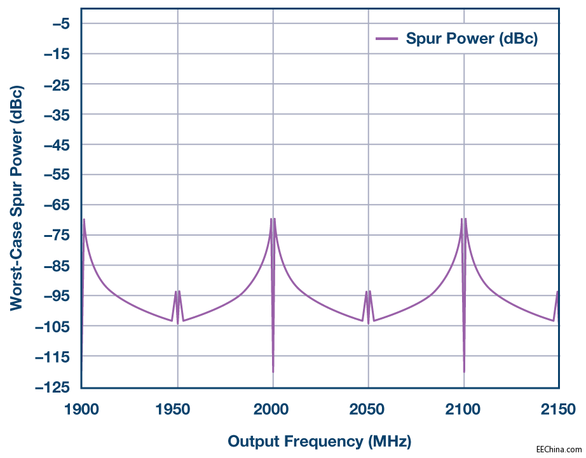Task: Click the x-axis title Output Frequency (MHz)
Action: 319,441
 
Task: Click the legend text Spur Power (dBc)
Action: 472,39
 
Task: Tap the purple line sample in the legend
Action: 386,39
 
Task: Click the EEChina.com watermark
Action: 559,448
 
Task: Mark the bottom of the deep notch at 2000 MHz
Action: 273,372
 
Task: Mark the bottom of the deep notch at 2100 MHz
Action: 464,372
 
